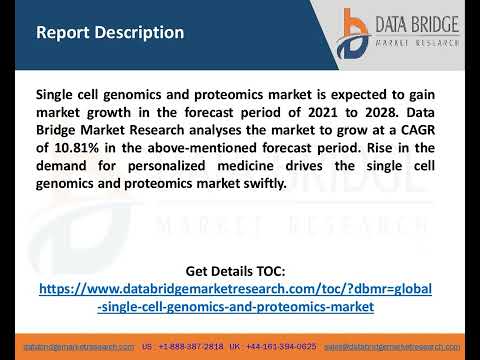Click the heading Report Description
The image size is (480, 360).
tap(109, 32)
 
